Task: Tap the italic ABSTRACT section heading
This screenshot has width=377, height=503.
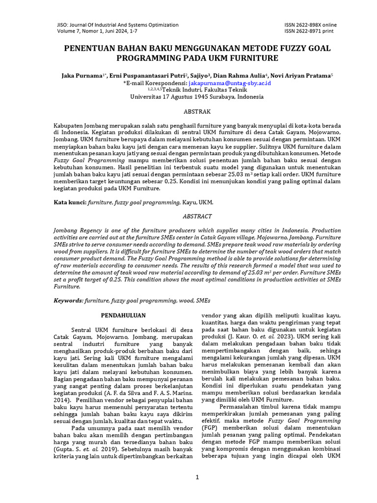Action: coord(197,216)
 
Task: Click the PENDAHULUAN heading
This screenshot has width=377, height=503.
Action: coord(123,315)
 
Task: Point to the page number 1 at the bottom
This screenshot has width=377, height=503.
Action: coord(197,477)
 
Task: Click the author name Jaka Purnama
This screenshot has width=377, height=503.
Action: coord(81,76)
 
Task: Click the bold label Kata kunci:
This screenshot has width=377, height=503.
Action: coord(70,202)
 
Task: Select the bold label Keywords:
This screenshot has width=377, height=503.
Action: coord(68,300)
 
